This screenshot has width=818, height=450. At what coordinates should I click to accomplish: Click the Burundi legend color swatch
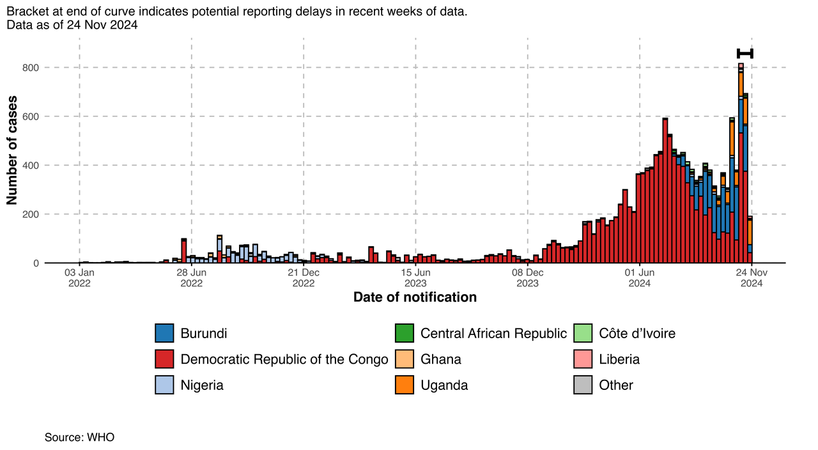(165, 333)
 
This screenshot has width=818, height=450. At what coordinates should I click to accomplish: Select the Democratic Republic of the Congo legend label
(284, 359)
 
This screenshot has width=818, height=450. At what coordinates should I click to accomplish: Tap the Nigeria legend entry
(202, 385)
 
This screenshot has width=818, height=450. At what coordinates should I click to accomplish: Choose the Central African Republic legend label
(493, 333)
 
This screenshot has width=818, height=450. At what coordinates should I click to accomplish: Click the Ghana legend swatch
(405, 359)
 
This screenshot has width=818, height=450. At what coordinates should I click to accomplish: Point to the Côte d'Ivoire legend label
(637, 333)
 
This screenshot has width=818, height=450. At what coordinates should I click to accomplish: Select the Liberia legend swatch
(583, 359)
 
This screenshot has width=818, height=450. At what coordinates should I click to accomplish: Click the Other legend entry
(615, 385)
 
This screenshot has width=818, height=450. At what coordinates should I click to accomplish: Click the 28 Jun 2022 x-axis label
(191, 278)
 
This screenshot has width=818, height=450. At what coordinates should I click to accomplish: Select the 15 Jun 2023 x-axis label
(415, 278)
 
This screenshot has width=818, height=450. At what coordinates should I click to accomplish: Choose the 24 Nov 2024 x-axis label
(752, 278)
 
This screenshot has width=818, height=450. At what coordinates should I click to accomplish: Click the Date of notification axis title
(415, 297)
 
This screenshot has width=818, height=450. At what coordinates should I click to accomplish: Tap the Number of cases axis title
(12, 150)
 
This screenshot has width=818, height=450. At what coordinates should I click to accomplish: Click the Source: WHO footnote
(79, 437)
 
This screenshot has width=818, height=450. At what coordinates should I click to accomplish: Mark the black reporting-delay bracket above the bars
(745, 54)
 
